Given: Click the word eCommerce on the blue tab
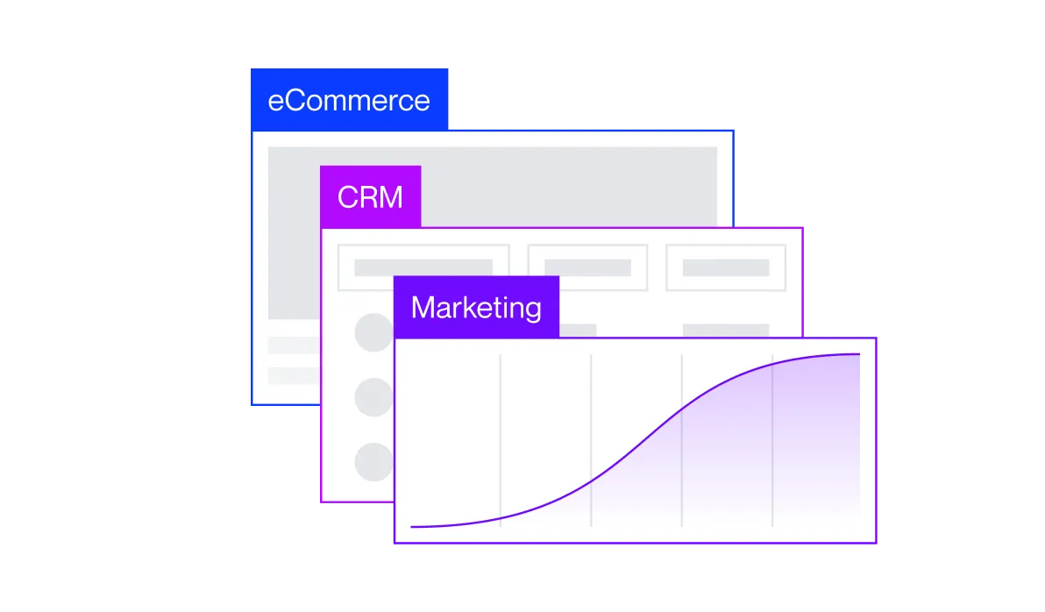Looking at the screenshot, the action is click(x=349, y=101).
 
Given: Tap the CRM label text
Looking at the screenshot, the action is click(x=370, y=197).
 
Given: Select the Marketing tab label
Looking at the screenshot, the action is click(x=476, y=308).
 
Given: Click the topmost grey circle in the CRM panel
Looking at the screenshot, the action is click(x=373, y=332).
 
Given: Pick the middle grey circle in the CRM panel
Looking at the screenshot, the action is click(x=373, y=397).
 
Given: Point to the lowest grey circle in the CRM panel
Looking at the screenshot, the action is click(x=373, y=462).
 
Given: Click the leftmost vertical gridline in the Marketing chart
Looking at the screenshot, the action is click(x=501, y=440).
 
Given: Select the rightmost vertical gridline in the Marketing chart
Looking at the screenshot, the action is click(x=772, y=440).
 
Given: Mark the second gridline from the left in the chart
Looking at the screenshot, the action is click(x=591, y=440).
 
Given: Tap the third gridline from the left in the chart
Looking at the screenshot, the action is click(x=682, y=440).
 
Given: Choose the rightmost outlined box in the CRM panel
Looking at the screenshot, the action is click(x=726, y=267).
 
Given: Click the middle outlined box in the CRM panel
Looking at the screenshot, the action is click(x=587, y=267).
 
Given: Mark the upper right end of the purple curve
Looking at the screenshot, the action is click(x=859, y=354).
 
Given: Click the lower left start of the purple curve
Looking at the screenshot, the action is click(x=411, y=527).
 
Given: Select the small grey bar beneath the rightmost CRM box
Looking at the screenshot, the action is click(x=726, y=330).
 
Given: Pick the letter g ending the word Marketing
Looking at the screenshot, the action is click(x=532, y=311).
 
